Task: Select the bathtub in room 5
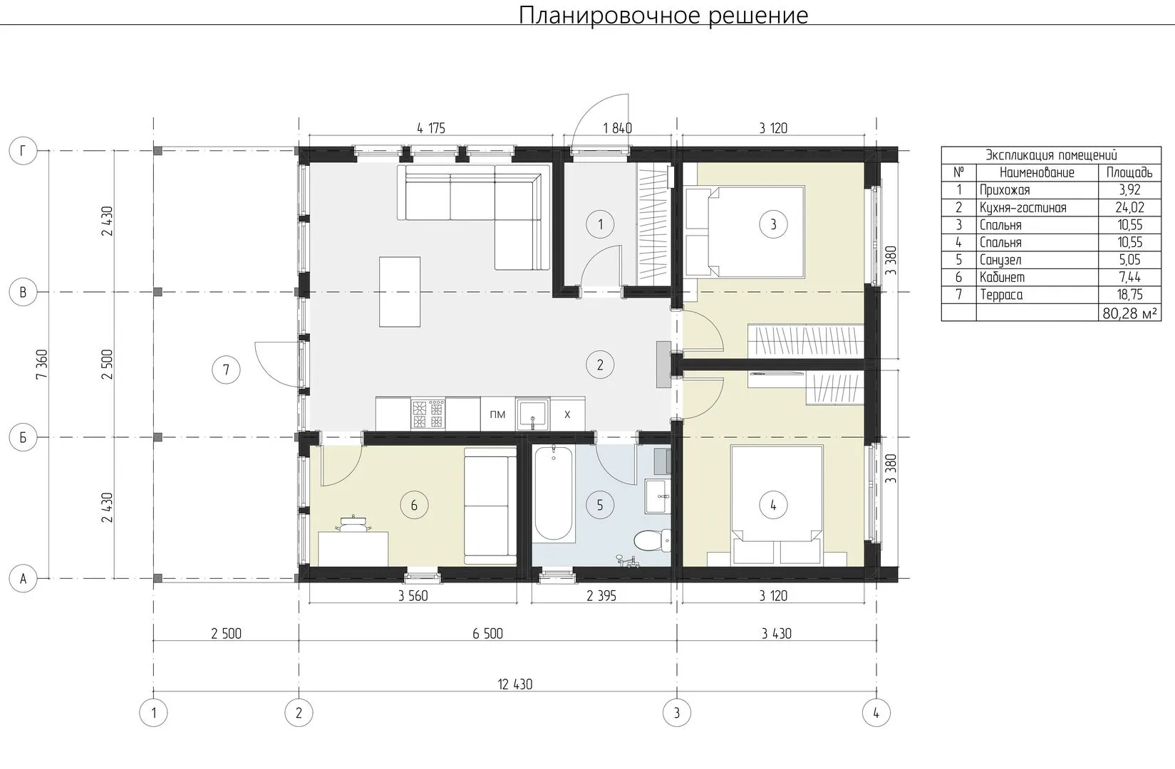(x=554, y=493)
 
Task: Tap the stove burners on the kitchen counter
(x=428, y=414)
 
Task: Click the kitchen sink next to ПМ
(x=532, y=414)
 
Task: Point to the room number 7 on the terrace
(x=226, y=370)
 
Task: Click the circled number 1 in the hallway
(x=600, y=224)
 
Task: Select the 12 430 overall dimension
(x=514, y=684)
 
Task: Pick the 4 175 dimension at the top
(x=430, y=128)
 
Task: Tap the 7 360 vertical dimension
(x=41, y=365)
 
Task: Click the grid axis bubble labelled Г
(x=23, y=151)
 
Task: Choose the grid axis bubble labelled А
(x=23, y=579)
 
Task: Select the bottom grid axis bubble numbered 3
(x=677, y=713)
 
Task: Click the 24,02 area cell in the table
(x=1129, y=208)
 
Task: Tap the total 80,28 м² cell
(x=1129, y=313)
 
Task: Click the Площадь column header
(x=1129, y=172)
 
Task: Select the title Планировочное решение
(x=663, y=15)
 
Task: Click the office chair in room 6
(x=354, y=524)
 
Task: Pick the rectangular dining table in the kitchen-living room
(x=400, y=291)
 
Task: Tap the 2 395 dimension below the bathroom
(x=601, y=595)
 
